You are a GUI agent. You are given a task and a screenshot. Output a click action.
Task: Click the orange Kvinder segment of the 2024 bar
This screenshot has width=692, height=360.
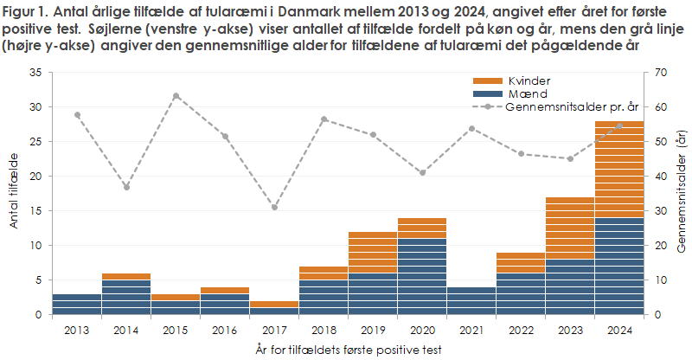click(x=619, y=170)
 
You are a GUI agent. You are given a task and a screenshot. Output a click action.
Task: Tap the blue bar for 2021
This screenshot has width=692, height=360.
click(x=471, y=301)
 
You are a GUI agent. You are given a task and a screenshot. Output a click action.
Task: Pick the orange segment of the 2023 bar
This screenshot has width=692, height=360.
click(x=570, y=228)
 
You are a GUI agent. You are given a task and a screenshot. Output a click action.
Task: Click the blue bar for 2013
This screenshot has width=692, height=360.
click(x=77, y=305)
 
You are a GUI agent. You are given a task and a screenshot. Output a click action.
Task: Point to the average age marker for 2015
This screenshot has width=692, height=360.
click(x=176, y=96)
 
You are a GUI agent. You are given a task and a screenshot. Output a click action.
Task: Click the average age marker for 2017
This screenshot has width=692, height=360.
click(x=274, y=207)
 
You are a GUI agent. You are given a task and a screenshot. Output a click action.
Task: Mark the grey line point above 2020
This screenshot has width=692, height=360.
click(x=422, y=172)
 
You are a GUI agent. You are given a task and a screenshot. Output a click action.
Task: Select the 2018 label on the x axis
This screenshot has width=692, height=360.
click(x=324, y=330)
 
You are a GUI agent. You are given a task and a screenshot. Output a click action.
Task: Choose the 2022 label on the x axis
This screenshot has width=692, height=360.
click(x=521, y=330)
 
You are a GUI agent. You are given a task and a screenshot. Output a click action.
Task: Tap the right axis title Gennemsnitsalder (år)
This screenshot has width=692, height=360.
click(x=681, y=192)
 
